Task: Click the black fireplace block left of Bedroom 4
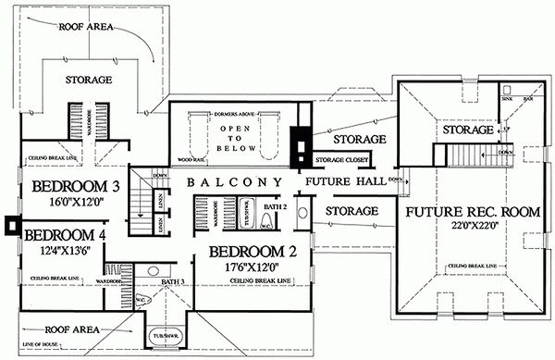point(10,224)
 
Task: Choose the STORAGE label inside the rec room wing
point(464,130)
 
